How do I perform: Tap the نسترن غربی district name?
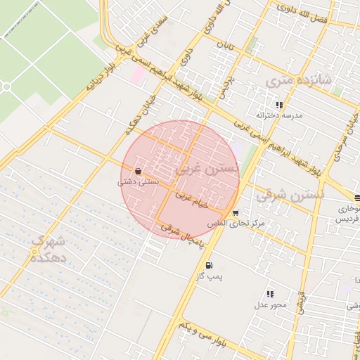(x=209, y=169)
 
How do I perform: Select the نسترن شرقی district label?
(x=289, y=195)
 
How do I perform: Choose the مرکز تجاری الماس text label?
(x=236, y=223)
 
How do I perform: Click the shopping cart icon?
(x=235, y=213)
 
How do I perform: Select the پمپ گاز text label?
(x=210, y=276)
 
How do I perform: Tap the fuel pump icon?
(x=210, y=265)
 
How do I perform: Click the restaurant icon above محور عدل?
(x=270, y=294)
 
